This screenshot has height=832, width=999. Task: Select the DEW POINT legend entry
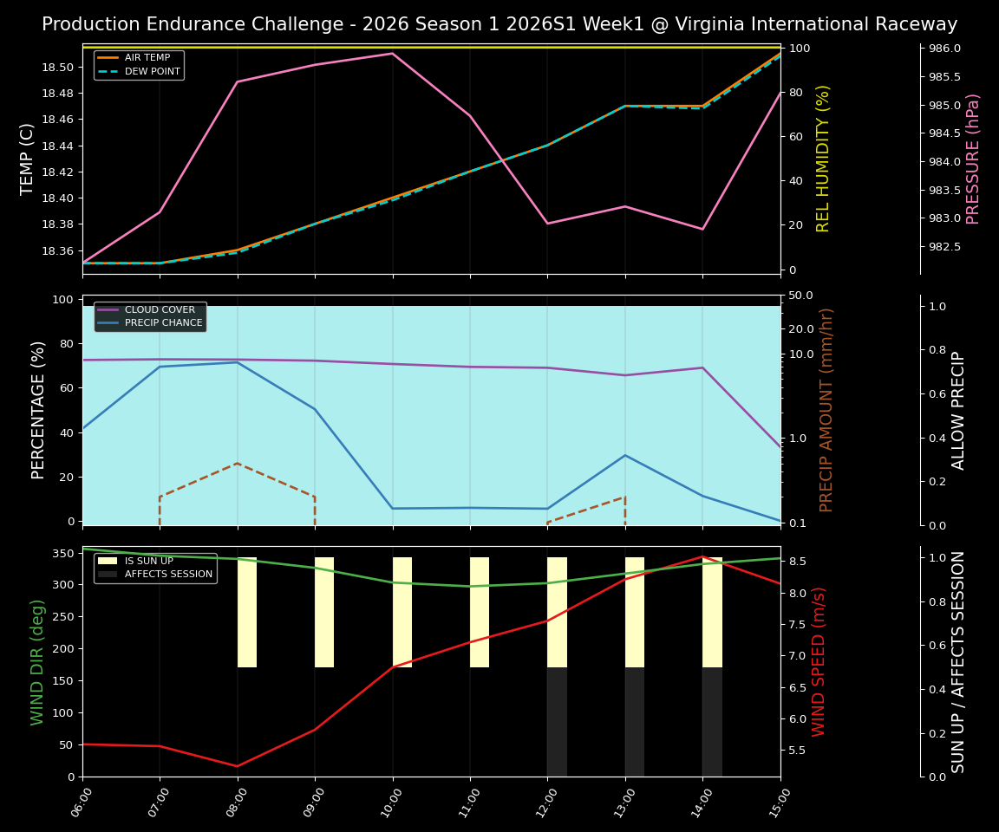(152, 71)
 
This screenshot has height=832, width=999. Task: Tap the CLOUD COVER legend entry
(160, 310)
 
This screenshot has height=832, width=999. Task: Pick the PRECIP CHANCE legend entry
(163, 323)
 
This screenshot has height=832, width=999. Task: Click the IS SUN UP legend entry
(148, 562)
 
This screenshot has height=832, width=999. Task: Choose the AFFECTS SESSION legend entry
(168, 574)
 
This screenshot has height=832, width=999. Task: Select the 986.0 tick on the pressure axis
(944, 49)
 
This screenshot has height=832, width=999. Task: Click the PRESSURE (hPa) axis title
(973, 159)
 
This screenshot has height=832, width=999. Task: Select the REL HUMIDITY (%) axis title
(823, 159)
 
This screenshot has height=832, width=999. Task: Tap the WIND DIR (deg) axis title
(37, 662)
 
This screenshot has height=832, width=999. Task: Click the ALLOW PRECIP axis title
(958, 411)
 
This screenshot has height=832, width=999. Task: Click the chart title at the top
(499, 24)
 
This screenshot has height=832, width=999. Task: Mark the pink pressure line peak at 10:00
(393, 54)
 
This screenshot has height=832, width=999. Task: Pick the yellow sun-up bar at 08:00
(247, 612)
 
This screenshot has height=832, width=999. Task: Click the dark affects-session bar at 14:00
(712, 721)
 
